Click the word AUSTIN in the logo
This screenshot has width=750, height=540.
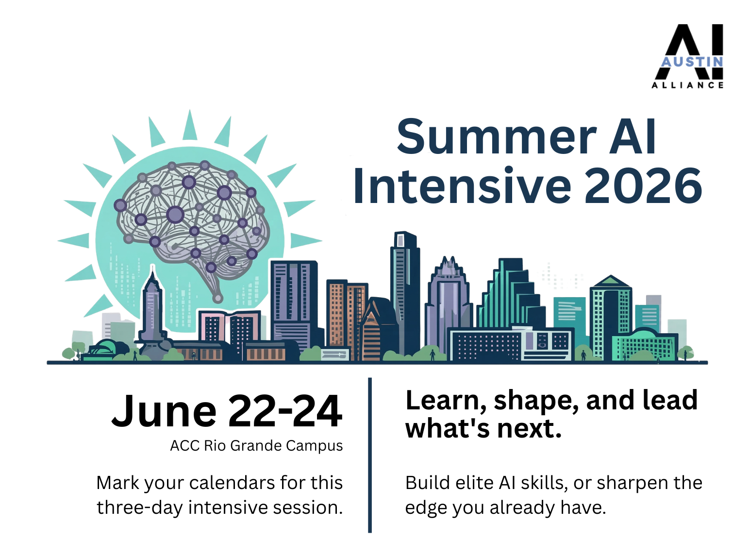pyautogui.click(x=692, y=62)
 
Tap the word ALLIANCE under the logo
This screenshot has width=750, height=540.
pyautogui.click(x=687, y=85)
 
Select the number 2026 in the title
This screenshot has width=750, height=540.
pyautogui.click(x=643, y=186)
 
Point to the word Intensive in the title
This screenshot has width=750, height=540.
pyautogui.click(x=462, y=186)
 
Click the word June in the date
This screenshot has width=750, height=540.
pyautogui.click(x=164, y=411)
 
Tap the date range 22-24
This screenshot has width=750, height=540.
pyautogui.click(x=285, y=411)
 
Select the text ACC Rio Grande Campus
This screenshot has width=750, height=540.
pyautogui.click(x=256, y=446)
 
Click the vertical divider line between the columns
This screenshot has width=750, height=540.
pyautogui.click(x=369, y=456)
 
